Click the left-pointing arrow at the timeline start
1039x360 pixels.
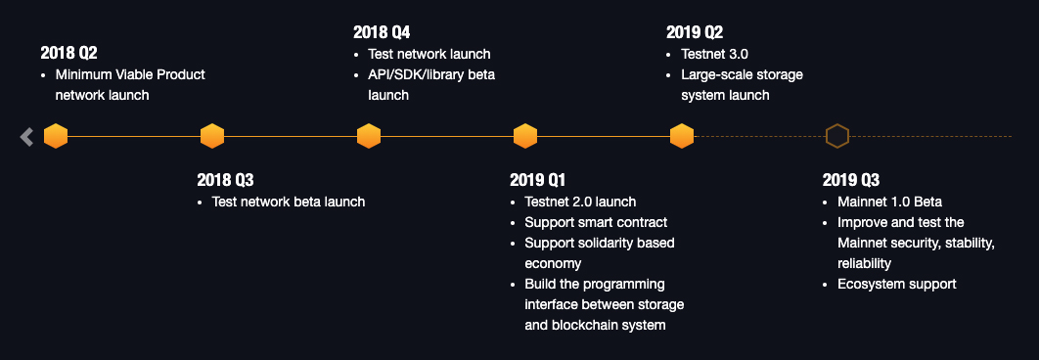(x=26, y=137)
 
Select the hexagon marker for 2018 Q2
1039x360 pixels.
(x=56, y=136)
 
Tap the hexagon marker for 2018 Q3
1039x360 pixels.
(x=212, y=136)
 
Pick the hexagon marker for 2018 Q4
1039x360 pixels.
(x=369, y=136)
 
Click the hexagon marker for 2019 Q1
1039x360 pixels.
(x=524, y=136)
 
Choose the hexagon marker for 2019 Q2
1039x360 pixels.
(x=681, y=136)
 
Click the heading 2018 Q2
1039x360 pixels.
(x=68, y=53)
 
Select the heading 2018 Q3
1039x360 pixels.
(x=225, y=180)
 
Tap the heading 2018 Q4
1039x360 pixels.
(x=382, y=32)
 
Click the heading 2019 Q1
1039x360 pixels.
(x=537, y=180)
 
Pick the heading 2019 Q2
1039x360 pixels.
(x=695, y=32)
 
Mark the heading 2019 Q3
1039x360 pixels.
(x=851, y=180)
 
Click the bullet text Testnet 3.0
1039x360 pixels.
(x=714, y=55)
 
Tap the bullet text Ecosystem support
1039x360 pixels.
(x=896, y=284)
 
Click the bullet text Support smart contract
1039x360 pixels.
(x=596, y=222)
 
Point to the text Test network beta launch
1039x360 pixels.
(x=289, y=202)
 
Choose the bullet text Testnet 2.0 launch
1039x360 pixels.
(x=580, y=202)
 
